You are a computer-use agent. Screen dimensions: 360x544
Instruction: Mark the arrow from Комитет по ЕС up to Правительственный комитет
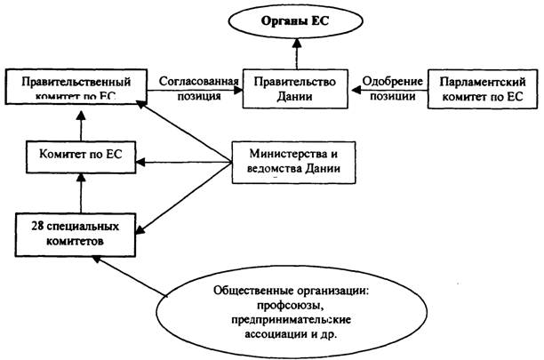(x=80, y=124)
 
